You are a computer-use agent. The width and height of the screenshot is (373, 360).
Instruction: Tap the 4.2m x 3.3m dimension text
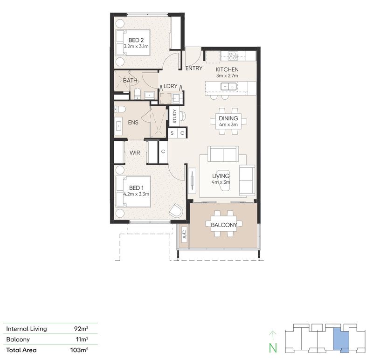136,194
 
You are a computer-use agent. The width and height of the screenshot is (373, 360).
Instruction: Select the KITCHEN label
227,69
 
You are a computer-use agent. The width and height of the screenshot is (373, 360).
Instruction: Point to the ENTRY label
193,69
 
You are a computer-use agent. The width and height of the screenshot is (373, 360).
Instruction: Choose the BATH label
130,81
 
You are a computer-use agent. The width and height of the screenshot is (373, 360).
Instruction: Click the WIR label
135,152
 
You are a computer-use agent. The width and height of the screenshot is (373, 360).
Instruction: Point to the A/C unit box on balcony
184,234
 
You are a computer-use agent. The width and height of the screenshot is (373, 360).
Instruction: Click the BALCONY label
223,225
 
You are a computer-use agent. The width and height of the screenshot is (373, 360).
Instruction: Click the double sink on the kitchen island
228,86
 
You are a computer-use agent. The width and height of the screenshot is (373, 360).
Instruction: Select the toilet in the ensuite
119,109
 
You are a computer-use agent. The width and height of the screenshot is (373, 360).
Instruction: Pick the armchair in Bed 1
176,210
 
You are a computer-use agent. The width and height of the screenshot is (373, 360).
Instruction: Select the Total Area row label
21,349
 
